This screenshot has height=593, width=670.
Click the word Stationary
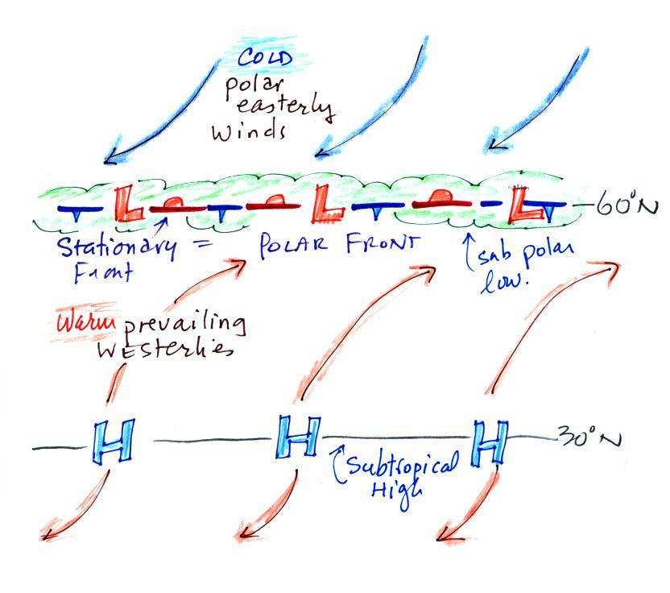tap(114, 247)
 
